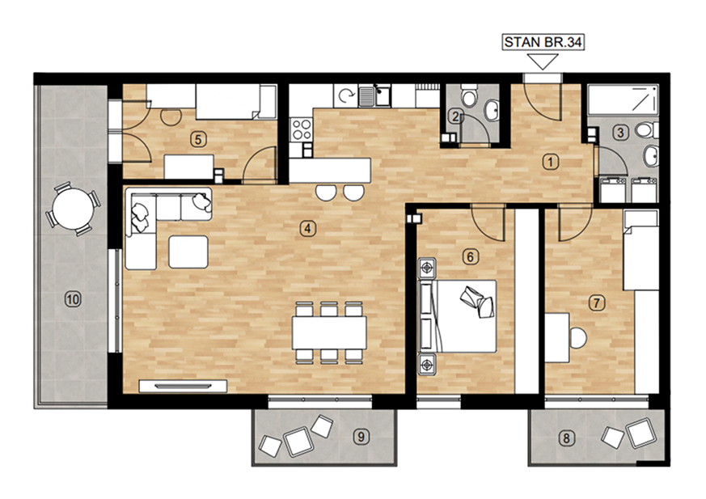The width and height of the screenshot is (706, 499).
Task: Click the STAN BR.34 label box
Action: click(543, 42)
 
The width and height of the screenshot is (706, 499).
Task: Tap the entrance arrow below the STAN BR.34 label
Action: click(543, 61)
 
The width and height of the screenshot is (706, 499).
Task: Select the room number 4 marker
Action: click(307, 228)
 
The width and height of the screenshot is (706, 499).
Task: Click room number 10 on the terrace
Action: click(73, 298)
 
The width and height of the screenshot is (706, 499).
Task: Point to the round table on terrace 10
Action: click(72, 209)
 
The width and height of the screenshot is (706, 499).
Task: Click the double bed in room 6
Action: click(458, 316)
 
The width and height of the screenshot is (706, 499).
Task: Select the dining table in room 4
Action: click(329, 332)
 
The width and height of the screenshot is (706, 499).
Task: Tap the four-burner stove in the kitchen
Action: click(301, 129)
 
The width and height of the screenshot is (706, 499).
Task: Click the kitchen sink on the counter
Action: click(375, 96)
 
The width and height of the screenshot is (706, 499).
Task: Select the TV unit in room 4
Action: click(183, 386)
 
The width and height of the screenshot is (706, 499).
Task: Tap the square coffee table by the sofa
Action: click(188, 252)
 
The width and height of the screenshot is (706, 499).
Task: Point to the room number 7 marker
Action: click(597, 302)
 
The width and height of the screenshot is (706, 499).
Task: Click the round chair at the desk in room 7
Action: click(577, 337)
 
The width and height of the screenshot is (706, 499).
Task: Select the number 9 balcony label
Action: click(361, 437)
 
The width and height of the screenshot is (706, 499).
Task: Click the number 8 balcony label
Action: click(566, 438)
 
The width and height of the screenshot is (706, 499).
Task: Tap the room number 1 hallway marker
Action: click(550, 162)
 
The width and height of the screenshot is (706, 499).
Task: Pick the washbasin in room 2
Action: click(491, 110)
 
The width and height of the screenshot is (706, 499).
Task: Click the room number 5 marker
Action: click(198, 140)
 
